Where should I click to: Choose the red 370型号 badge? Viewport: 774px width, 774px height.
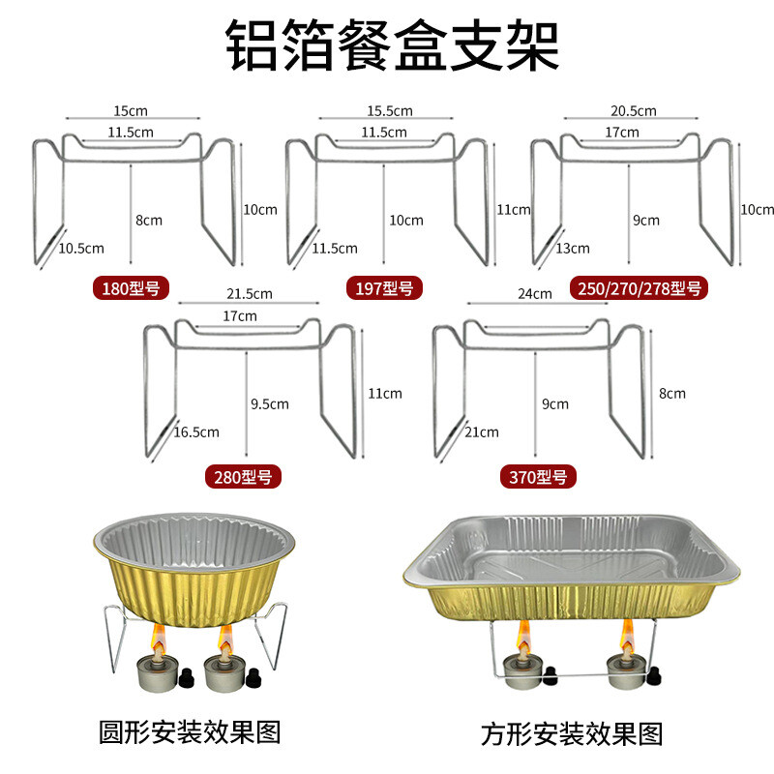(538, 475)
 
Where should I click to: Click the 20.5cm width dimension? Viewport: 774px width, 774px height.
(633, 111)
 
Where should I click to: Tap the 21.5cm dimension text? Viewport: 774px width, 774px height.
(249, 293)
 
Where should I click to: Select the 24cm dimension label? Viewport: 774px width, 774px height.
(535, 293)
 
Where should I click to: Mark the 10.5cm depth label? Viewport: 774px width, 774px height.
(81, 248)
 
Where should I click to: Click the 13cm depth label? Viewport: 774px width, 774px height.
(573, 248)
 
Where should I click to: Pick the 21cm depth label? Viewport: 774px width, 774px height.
(483, 432)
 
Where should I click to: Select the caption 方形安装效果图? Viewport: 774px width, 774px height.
(573, 732)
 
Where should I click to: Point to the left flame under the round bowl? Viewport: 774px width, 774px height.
(155, 639)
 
